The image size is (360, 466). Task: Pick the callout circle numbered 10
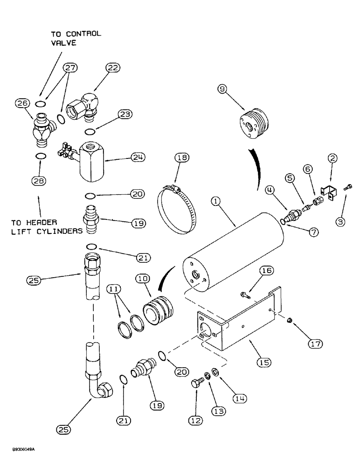click(142, 280)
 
